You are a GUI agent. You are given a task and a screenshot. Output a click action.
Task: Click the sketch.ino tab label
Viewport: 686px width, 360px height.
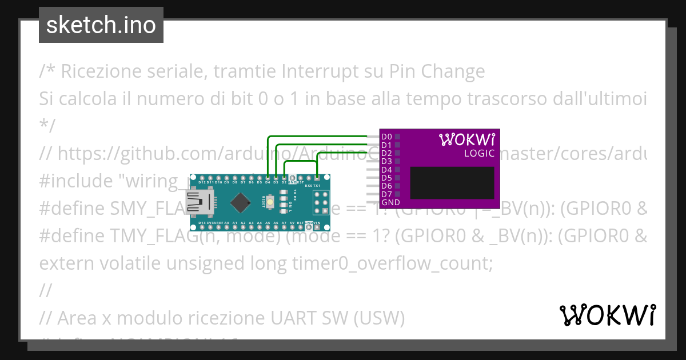point(101,25)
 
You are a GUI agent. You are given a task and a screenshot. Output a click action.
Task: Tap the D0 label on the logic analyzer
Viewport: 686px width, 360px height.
point(386,137)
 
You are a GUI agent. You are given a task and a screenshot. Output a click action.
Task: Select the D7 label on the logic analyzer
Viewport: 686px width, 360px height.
point(386,194)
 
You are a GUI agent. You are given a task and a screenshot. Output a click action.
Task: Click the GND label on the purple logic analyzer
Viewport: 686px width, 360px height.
point(390,202)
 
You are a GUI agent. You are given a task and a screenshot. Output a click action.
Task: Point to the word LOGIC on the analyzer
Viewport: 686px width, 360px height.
point(479,153)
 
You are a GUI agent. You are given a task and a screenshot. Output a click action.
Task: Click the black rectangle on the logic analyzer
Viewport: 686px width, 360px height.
point(452,183)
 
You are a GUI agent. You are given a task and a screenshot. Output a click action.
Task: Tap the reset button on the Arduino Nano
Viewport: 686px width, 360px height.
point(269,201)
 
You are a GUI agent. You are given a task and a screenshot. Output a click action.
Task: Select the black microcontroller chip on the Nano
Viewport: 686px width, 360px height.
point(241,201)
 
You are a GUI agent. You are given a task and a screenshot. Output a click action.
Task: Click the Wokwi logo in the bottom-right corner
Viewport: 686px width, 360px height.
point(608,315)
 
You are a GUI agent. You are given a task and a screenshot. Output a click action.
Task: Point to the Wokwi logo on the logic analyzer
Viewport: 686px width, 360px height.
point(466,139)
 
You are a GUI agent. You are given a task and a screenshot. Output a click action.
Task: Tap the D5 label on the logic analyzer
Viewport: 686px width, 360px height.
point(386,178)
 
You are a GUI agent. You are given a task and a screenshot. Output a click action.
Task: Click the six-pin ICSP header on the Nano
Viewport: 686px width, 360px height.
point(316,201)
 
